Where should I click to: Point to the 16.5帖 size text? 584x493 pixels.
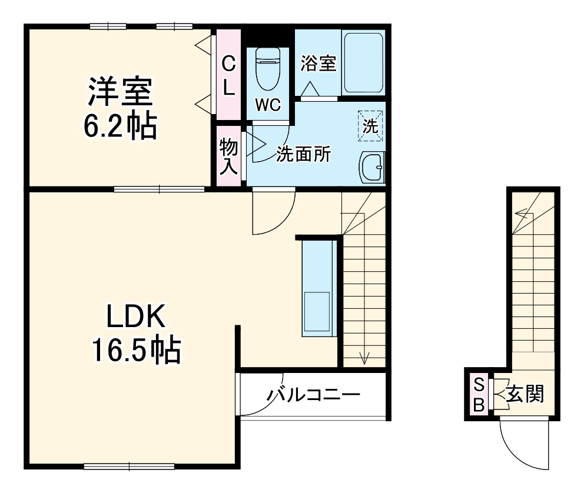[135, 351]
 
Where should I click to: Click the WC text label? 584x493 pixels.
[267, 105]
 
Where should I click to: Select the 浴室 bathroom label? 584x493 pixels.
[318, 64]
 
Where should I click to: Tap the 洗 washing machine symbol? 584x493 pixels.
[370, 125]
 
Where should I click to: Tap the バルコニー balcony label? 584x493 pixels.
[312, 395]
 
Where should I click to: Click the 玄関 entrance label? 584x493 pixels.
[525, 393]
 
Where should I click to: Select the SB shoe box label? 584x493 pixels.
[479, 395]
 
